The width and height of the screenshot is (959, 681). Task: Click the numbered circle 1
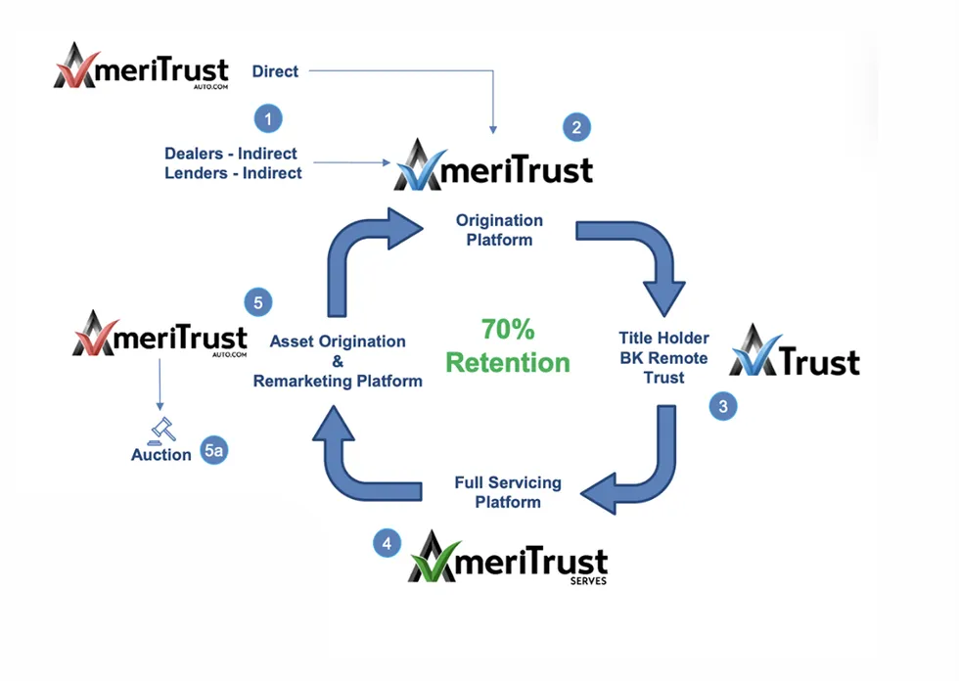point(268,119)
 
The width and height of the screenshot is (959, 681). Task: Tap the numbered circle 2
point(576,126)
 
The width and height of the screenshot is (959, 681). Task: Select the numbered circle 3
point(723,407)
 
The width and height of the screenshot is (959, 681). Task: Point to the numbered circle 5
point(258,302)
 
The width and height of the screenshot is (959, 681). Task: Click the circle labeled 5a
point(214,452)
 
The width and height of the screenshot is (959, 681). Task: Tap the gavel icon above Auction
point(161,429)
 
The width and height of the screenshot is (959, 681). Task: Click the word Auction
point(161,455)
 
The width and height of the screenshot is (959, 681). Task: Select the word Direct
point(275,70)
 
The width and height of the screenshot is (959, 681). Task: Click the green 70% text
point(508,329)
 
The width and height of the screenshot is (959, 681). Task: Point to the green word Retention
point(508,362)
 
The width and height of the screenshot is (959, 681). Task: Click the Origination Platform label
point(499,230)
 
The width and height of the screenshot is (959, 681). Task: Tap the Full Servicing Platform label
point(508,492)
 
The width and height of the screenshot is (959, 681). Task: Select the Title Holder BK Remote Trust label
point(664,357)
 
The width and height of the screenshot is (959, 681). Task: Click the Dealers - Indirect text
point(231,154)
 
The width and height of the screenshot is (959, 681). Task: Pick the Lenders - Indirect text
point(233,172)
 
